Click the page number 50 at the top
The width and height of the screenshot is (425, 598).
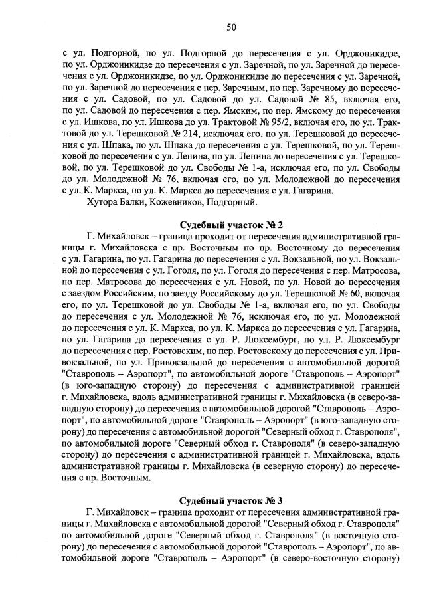(231, 27)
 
